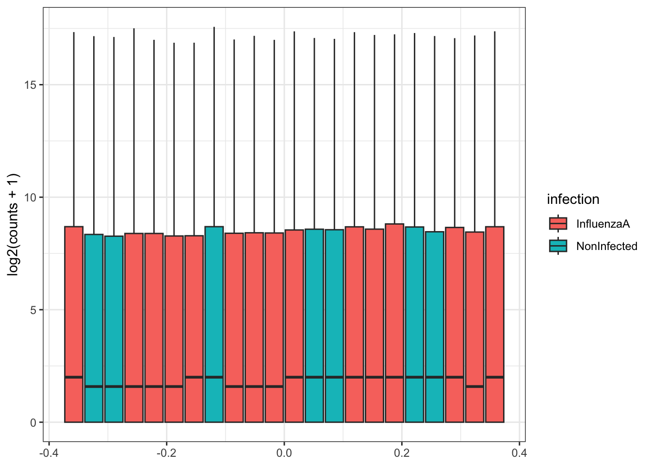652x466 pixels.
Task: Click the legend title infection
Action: [x=573, y=200]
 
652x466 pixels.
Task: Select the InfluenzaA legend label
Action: [x=603, y=224]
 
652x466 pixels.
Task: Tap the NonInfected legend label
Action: [x=606, y=246]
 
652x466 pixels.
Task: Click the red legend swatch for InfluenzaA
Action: [x=558, y=223]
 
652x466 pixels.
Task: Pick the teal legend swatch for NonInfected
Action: [x=558, y=246]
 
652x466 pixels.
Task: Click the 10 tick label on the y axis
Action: [x=30, y=198]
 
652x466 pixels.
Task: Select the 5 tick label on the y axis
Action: [x=33, y=310]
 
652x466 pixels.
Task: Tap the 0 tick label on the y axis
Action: [x=33, y=423]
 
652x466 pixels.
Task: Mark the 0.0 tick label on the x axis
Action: [x=284, y=453]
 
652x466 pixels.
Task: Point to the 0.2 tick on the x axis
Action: [x=402, y=453]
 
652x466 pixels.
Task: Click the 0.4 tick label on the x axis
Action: [x=519, y=453]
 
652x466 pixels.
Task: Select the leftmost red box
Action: [x=74, y=316]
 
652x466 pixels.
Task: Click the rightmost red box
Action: [x=494, y=316]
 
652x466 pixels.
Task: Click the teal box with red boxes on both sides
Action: [x=214, y=316]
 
